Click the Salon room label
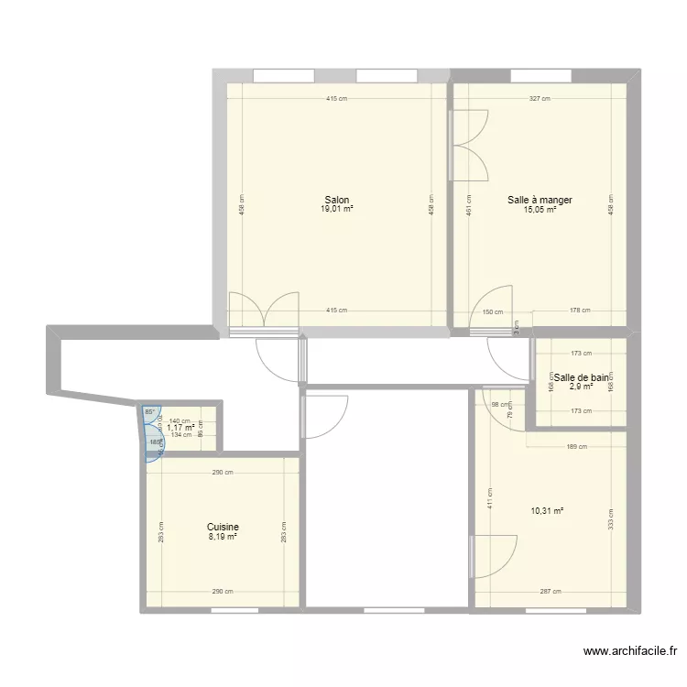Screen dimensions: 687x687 [x=336, y=200]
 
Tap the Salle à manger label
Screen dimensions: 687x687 [x=540, y=200]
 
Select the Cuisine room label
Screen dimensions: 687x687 [x=223, y=527]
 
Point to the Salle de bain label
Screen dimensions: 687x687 [x=580, y=376]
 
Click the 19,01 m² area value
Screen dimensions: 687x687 [x=336, y=209]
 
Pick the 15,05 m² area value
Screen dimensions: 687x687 [x=540, y=209]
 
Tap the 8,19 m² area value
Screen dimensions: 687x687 [x=223, y=537]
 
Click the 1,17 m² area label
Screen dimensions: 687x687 [x=180, y=428]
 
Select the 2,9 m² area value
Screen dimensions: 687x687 [x=580, y=386]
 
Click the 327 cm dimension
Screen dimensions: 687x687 [x=540, y=99]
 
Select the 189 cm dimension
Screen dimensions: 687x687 [x=576, y=447]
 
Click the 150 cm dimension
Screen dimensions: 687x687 [x=493, y=311]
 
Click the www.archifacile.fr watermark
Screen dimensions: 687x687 [x=630, y=652]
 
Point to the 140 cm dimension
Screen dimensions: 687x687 [x=180, y=420]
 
